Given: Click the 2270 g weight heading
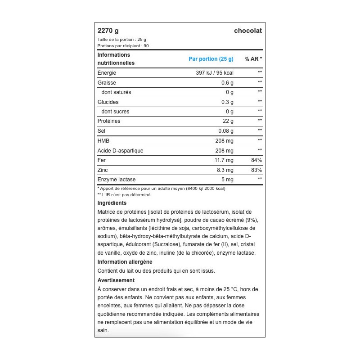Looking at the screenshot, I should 108,31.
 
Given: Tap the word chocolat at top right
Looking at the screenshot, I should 247,31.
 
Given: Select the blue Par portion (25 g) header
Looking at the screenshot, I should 211,59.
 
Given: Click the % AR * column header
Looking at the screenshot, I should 253,59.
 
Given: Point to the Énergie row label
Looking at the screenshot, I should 107,73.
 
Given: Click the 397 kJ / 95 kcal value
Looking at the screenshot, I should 215,73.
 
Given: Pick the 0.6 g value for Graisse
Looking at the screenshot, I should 227,83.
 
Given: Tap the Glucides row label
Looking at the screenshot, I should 108,102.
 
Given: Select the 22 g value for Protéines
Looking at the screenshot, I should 228,121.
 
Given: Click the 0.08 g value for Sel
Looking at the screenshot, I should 226,131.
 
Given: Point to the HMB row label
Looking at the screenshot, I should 103,141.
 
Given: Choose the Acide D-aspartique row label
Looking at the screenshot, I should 120,151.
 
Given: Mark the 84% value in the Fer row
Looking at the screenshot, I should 256,161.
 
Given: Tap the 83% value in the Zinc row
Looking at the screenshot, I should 256,170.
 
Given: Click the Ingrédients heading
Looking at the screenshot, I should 112,203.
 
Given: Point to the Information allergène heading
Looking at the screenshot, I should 125,261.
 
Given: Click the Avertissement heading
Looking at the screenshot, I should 116,280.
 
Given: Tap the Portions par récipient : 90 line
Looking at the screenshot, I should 123,45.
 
